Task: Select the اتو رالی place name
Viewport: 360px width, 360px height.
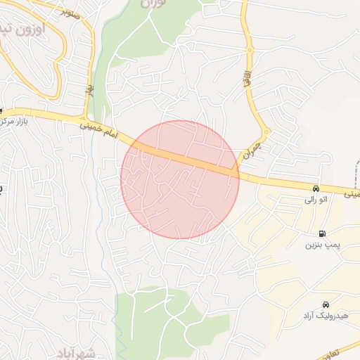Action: coord(316,200)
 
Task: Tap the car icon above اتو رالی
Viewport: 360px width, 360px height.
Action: coord(317,188)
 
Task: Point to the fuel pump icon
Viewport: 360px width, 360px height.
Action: coord(322,233)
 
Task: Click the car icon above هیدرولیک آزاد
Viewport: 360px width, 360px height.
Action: coord(325,304)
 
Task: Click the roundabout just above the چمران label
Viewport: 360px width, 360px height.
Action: coord(266,132)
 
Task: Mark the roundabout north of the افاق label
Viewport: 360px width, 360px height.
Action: coord(249,50)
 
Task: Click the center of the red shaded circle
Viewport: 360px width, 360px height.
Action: coord(180,179)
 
